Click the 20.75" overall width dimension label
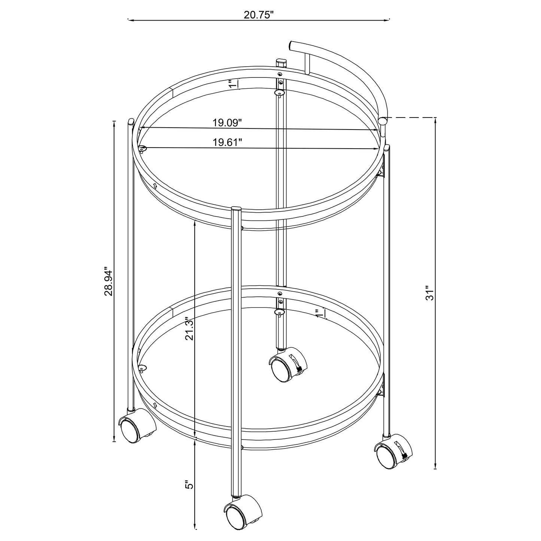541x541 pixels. (x=259, y=15)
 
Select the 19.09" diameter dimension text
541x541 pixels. (x=227, y=122)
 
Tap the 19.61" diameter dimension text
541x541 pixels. (x=227, y=142)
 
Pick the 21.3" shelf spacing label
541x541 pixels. (x=190, y=328)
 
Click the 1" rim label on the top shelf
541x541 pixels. (x=233, y=84)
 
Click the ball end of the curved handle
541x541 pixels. (x=383, y=121)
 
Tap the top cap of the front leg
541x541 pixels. (x=237, y=209)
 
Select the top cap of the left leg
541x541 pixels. (x=131, y=121)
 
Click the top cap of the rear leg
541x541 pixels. (x=281, y=60)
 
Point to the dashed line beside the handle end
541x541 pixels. (x=412, y=117)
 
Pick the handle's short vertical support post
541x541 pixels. (x=307, y=63)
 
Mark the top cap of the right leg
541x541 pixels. (x=387, y=147)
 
